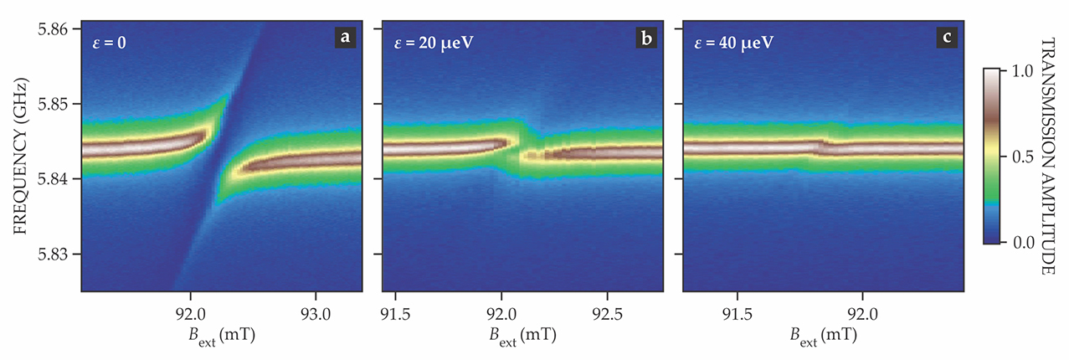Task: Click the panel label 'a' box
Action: pos(344,37)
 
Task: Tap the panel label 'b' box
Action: pos(645,37)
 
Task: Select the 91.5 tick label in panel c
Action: pos(737,308)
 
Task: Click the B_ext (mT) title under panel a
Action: pos(222,336)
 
